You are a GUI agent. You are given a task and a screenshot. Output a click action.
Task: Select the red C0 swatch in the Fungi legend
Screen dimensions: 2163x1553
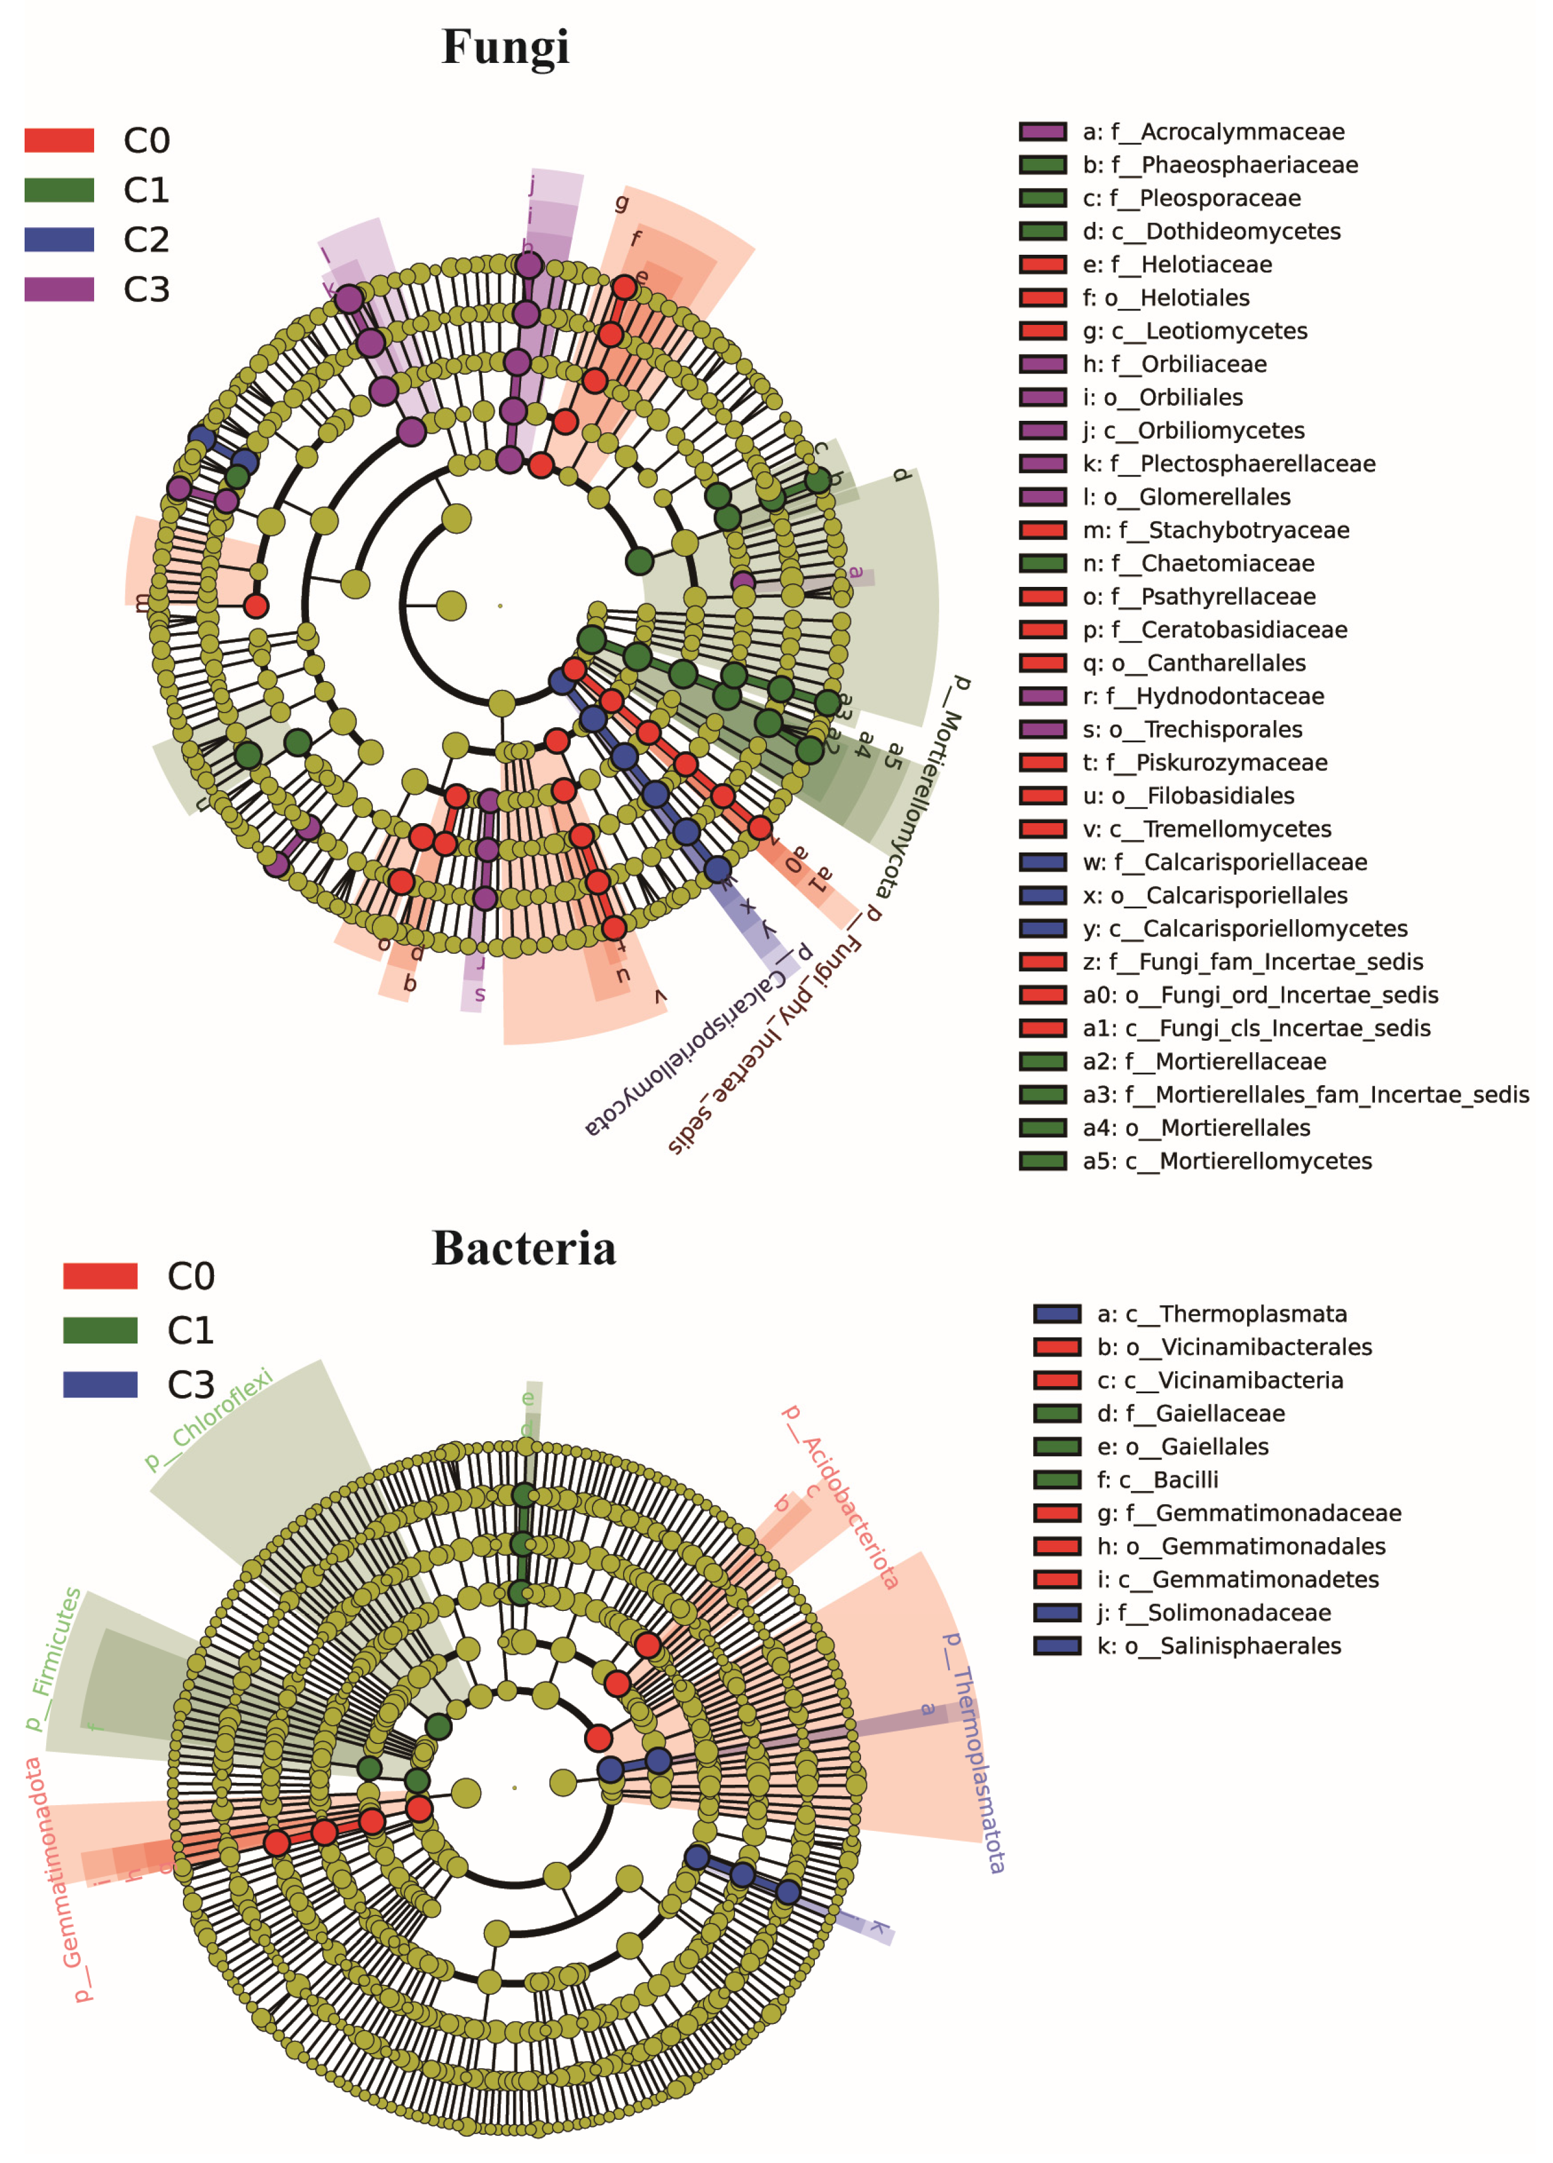point(59,140)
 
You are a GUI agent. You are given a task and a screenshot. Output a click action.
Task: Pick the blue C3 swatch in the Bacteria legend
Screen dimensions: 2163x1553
point(100,1384)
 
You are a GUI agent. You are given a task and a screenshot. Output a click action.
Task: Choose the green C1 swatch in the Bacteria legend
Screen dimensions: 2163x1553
point(100,1330)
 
